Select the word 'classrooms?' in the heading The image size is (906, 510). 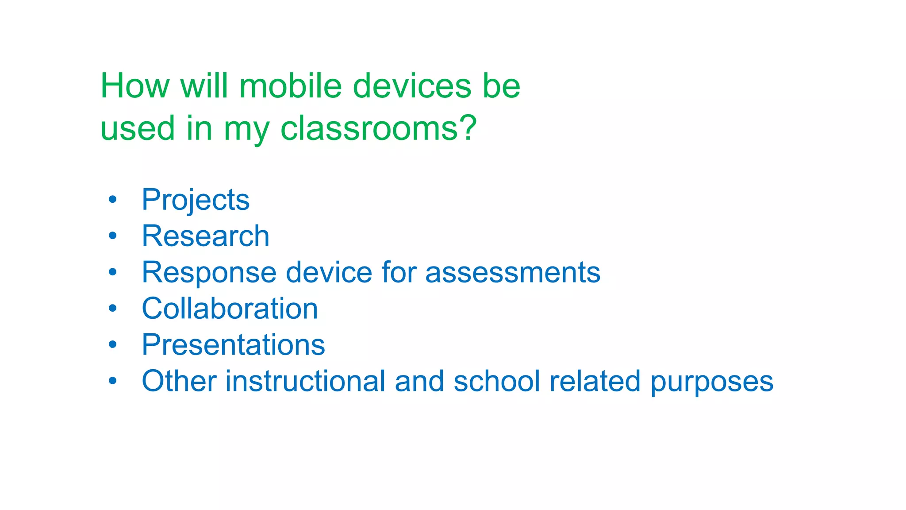379,128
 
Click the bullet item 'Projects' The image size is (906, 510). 196,200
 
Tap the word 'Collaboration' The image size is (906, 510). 230,309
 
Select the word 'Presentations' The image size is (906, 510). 233,345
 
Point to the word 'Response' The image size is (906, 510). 209,273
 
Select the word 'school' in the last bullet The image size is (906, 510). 497,381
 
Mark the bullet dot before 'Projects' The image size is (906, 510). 113,200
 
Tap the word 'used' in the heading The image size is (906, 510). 138,128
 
